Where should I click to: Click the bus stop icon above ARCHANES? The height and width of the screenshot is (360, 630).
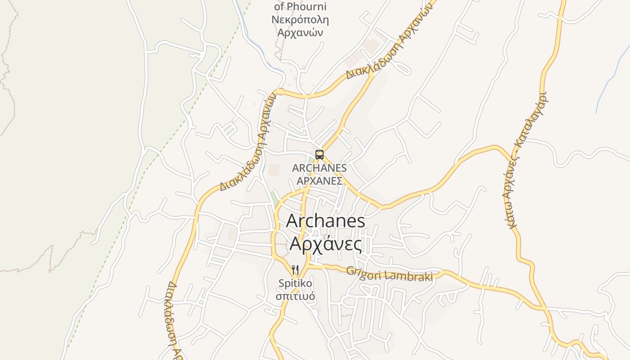tap(319, 155)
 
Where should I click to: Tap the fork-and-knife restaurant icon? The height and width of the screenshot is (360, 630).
tap(295, 270)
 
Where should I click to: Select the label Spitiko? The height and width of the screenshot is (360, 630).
tap(295, 283)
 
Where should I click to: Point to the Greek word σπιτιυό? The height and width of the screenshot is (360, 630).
tap(295, 297)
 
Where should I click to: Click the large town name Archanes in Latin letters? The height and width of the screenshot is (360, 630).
tap(325, 221)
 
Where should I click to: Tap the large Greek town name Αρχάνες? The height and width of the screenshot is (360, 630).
tap(325, 243)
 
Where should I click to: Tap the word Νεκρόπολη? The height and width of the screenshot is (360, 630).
tap(300, 20)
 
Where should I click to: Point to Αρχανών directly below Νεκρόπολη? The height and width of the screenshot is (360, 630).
tap(300, 32)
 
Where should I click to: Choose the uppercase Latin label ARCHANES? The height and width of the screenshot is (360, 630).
tap(319, 168)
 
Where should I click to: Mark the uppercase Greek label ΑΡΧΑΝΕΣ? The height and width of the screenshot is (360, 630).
tap(319, 181)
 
